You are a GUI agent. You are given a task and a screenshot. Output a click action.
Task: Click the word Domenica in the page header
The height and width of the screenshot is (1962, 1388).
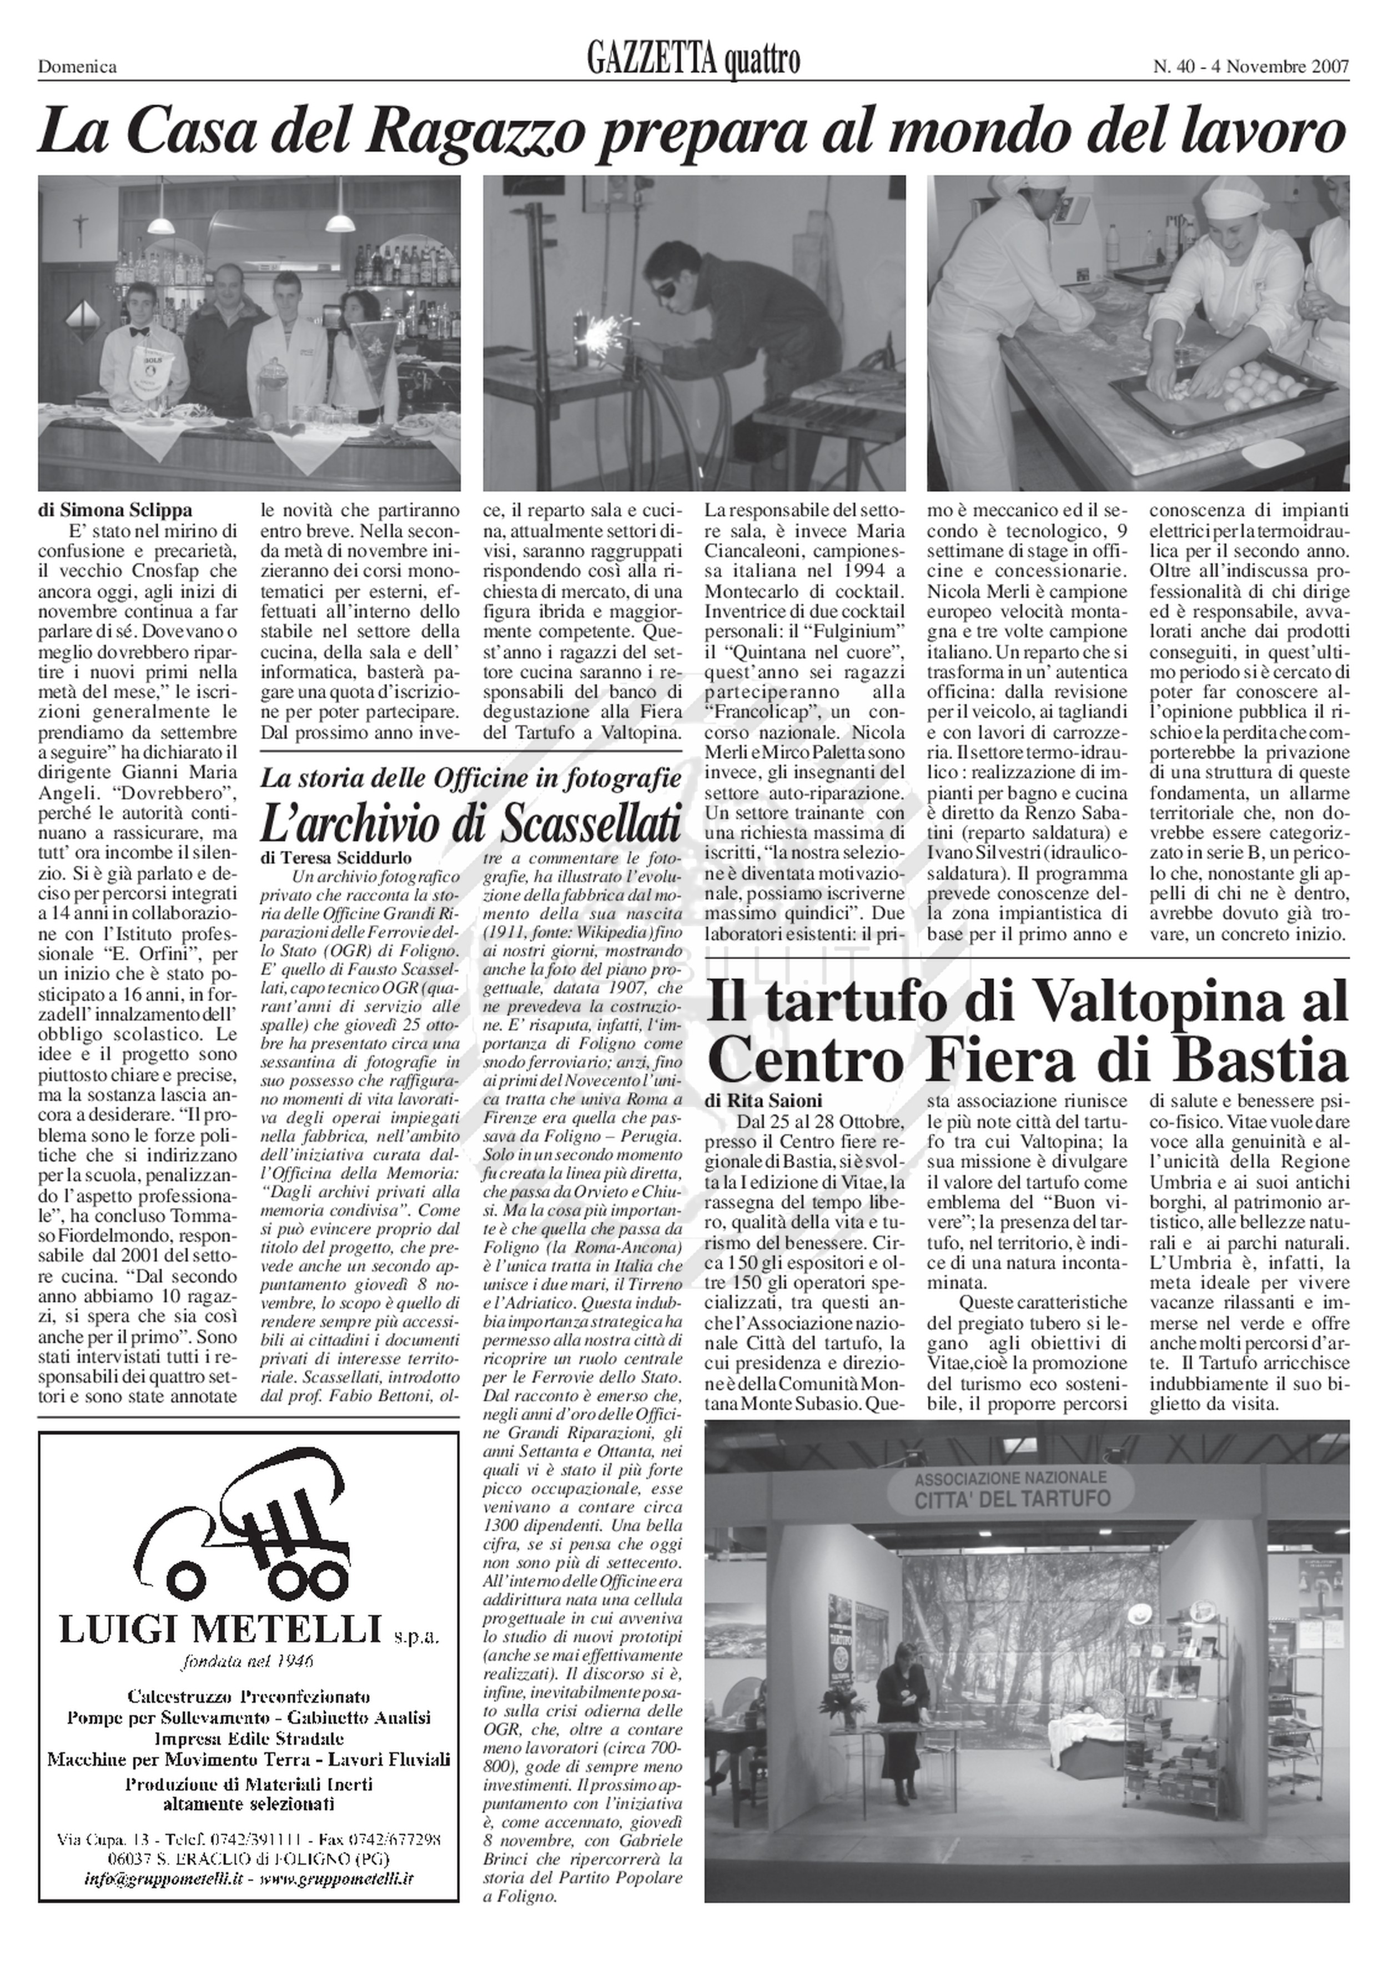pyautogui.click(x=77, y=67)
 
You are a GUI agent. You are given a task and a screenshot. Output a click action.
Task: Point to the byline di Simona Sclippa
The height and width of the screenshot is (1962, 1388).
pyautogui.click(x=115, y=512)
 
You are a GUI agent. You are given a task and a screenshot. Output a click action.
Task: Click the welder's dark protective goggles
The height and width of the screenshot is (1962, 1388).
pyautogui.click(x=680, y=287)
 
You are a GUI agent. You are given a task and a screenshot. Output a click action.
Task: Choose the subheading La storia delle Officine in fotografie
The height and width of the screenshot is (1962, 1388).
pyautogui.click(x=471, y=778)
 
